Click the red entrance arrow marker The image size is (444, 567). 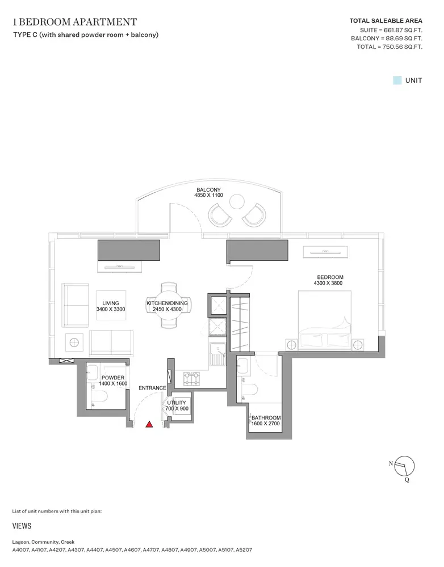pos(149,424)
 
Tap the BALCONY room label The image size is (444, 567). pos(208,189)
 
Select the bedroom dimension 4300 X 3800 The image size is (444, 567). pos(328,283)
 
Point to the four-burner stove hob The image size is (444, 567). pos(191,378)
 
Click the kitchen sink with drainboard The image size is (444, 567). pos(217,354)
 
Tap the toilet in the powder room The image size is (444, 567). pos(99,397)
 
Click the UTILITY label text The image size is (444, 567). pos(177,403)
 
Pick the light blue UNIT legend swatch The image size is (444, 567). pos(397,81)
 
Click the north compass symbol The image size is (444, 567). pos(404,467)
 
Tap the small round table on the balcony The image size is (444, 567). pos(237,201)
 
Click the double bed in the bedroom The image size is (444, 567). pos(325,320)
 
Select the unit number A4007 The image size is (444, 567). pos(20,550)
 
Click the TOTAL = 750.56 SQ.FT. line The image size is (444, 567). pos(389,46)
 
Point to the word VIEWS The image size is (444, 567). pos(22,526)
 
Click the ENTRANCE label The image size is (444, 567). pos(153,388)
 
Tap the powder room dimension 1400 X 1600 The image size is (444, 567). pos(113,384)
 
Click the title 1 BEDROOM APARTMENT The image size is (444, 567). pos(75,22)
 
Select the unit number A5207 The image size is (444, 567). pos(244,550)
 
